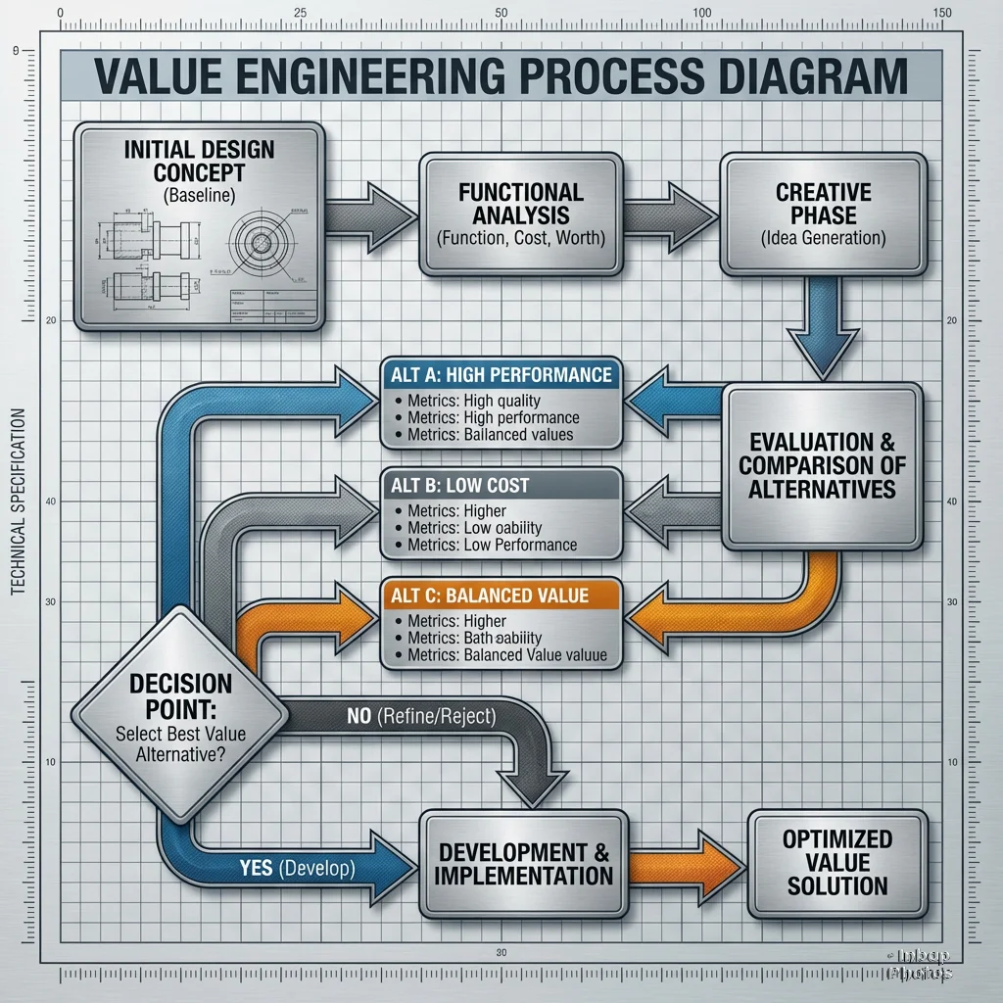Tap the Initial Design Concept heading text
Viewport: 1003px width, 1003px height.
click(x=199, y=162)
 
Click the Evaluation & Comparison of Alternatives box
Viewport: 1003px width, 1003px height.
click(x=822, y=465)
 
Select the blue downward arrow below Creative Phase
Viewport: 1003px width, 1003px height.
click(x=820, y=328)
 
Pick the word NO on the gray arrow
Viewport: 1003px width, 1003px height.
click(x=358, y=716)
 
